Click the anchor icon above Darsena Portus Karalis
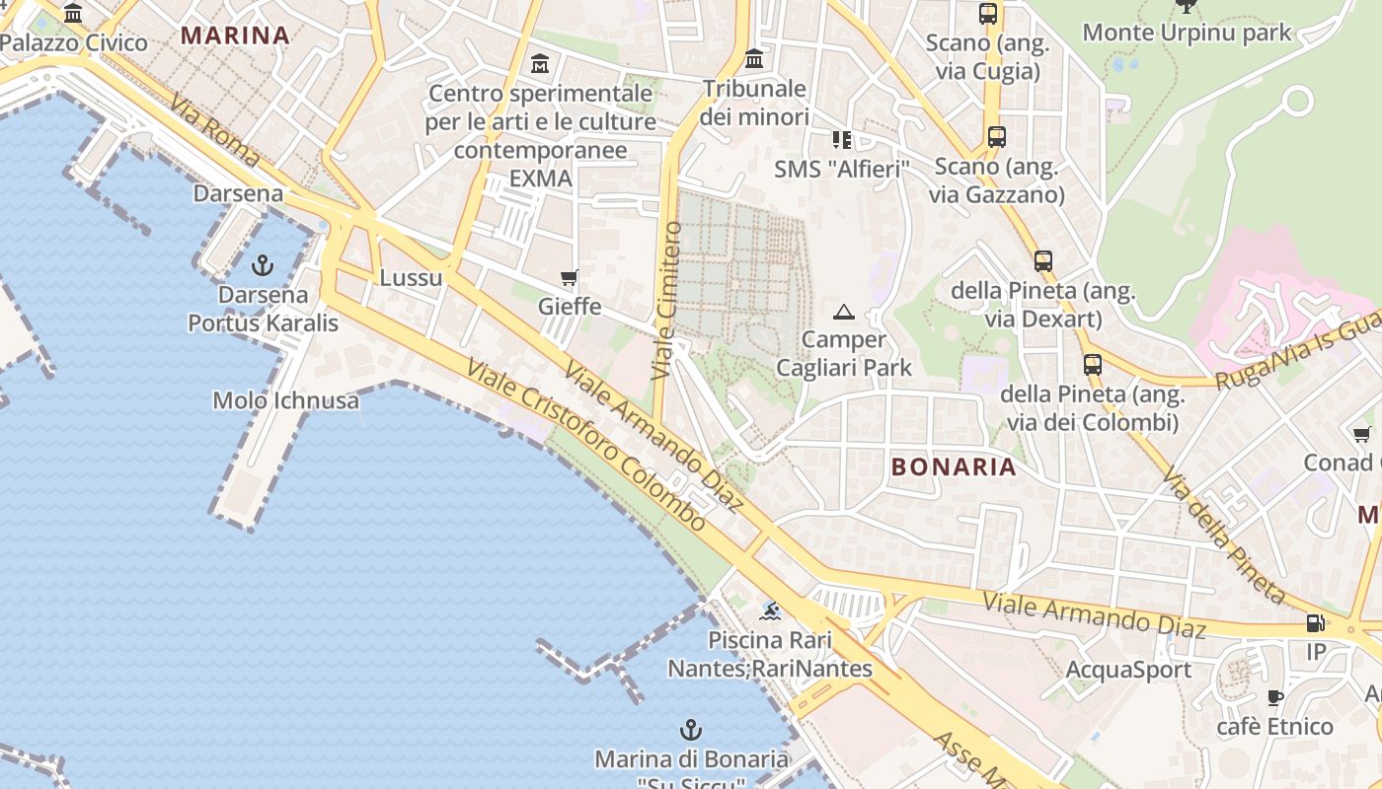tap(262, 264)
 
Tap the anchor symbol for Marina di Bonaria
tap(691, 730)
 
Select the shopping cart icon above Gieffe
tap(569, 277)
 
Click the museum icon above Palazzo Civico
tap(73, 13)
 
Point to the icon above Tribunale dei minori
tap(755, 58)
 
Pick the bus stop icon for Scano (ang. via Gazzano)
tap(996, 137)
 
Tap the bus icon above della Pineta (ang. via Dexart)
tap(1042, 261)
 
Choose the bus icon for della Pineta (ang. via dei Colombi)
tap(1092, 364)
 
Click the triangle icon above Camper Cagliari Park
tap(842, 313)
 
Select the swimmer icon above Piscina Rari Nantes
tap(770, 611)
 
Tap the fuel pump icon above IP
tap(1315, 622)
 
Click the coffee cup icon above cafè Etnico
tap(1274, 698)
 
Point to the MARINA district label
tap(235, 36)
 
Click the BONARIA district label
tap(953, 466)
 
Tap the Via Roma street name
tap(215, 131)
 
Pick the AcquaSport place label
tap(1128, 670)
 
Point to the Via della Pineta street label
tap(1223, 536)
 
